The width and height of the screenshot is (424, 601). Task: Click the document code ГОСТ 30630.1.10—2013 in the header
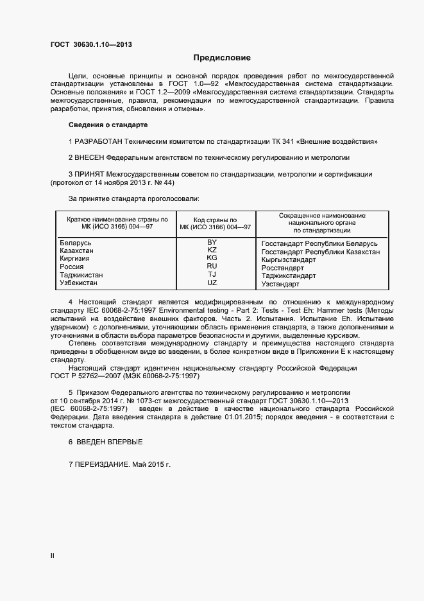coord(92,45)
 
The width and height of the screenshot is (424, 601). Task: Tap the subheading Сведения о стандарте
coord(108,124)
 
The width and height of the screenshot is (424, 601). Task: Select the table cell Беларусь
coord(76,243)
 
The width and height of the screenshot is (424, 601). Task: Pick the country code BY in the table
coord(212,242)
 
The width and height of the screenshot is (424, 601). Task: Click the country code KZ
coord(212,250)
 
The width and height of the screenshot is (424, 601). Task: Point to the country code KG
coord(212,257)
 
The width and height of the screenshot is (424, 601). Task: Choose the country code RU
coord(212,266)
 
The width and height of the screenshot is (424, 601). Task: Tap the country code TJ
coord(212,274)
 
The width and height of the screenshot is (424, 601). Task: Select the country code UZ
coord(212,283)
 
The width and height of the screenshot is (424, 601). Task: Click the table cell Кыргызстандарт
coord(289,260)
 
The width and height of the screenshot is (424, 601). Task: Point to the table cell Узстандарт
coord(280,284)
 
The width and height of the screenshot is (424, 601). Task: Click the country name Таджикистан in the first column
coord(81,275)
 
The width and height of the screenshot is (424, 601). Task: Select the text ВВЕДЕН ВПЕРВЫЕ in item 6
coord(109,442)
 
